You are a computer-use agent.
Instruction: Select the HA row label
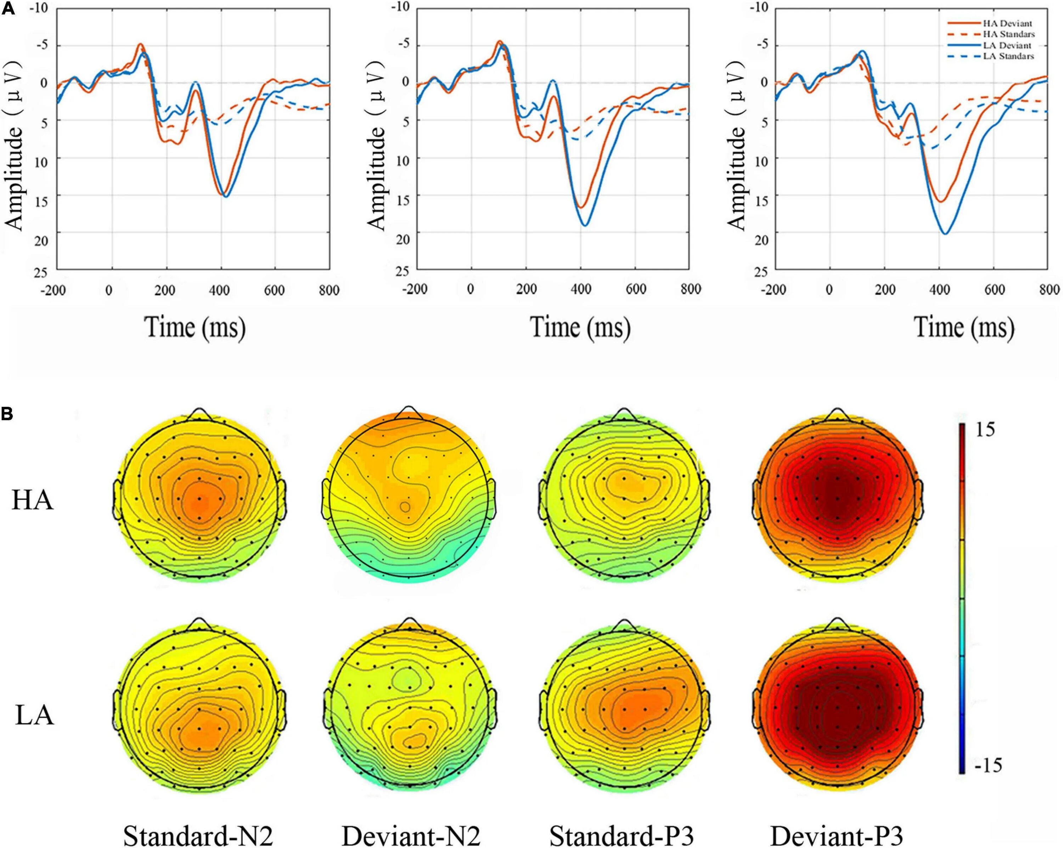coord(33,501)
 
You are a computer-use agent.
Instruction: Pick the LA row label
coord(34,716)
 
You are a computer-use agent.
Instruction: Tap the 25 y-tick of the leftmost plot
coord(42,272)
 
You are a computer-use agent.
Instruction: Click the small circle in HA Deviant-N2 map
coord(405,506)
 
